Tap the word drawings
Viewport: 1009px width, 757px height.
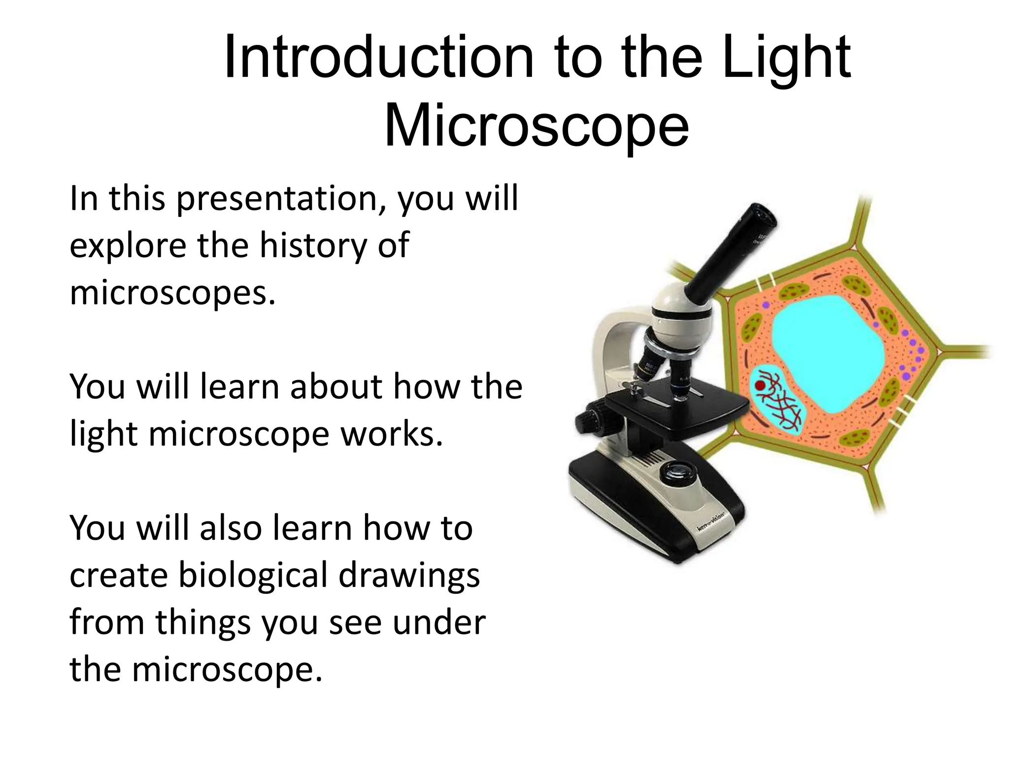coord(409,576)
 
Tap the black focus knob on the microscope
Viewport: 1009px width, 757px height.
coord(589,421)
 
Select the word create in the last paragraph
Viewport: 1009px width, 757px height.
coord(118,576)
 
